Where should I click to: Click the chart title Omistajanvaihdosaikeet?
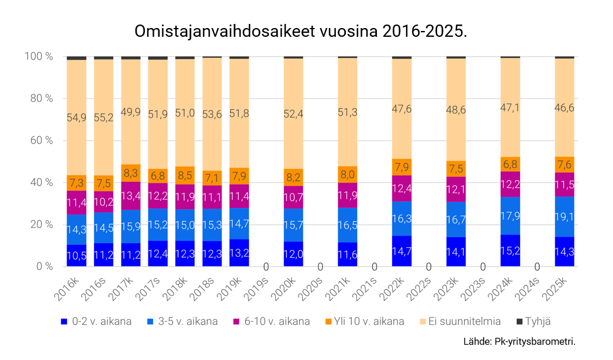pos(300,31)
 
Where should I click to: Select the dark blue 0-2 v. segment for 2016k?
pos(77,255)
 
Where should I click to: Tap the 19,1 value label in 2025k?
pos(564,217)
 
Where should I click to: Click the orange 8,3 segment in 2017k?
pos(131,173)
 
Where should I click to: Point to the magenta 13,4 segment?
pos(131,195)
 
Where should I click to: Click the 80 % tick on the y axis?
pos(39,98)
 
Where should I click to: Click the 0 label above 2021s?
pos(375,267)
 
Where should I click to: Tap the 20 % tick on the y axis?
pos(39,224)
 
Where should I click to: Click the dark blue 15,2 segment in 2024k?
pos(510,251)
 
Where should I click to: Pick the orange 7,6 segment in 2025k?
pos(564,164)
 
